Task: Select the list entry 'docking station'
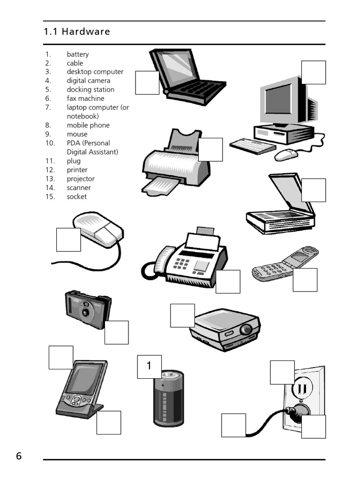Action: point(90,90)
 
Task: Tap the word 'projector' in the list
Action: point(80,179)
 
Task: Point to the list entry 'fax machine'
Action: point(85,98)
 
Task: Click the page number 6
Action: point(19,456)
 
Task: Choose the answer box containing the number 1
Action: point(149,367)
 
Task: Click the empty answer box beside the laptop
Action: point(147,82)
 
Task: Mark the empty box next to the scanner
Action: point(313,190)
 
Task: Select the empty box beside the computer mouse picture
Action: point(68,240)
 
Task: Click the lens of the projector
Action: point(245,330)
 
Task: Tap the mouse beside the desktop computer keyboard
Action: point(285,155)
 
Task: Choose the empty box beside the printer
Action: point(210,150)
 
